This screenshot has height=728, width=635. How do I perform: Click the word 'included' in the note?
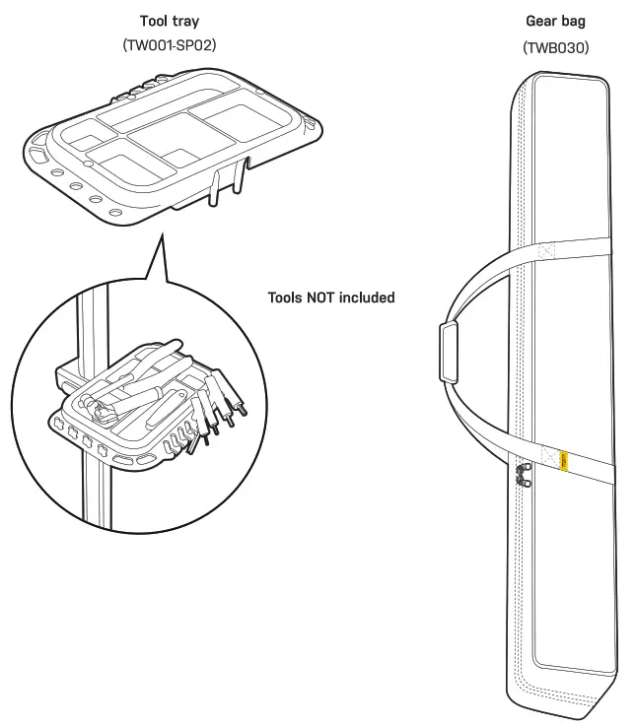[x=365, y=297]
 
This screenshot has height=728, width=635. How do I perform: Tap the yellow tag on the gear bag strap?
[x=565, y=459]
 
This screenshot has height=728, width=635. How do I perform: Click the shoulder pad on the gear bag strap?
[x=449, y=352]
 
